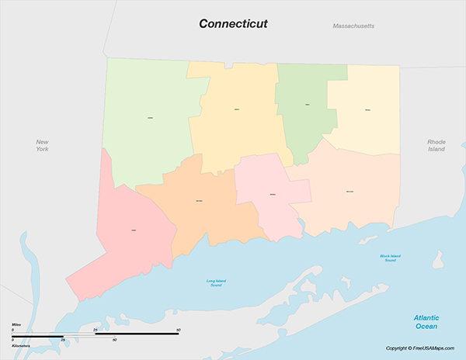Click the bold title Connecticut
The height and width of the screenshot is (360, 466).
click(x=233, y=24)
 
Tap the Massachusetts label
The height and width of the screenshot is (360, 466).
click(x=353, y=26)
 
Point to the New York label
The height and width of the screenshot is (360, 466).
click(x=42, y=145)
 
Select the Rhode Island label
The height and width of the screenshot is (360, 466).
click(x=436, y=145)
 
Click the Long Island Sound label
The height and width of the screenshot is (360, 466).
click(x=217, y=283)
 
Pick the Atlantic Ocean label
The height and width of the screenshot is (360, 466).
click(x=426, y=321)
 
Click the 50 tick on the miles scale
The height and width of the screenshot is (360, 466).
click(x=179, y=330)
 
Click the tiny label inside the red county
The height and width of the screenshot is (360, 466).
click(x=134, y=230)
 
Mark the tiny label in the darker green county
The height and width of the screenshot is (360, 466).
click(x=308, y=104)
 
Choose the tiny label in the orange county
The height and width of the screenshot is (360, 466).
click(x=200, y=202)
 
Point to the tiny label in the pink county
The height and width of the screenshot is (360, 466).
click(x=272, y=194)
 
